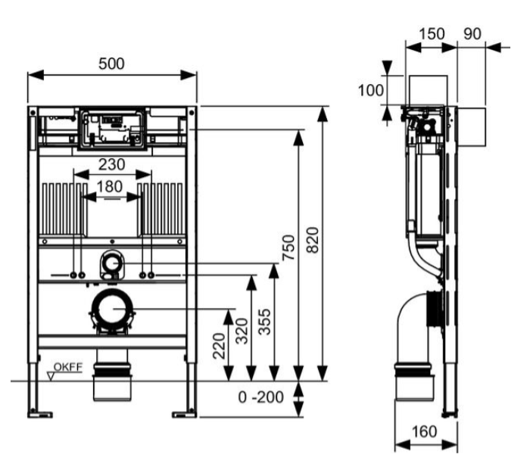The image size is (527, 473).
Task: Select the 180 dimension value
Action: click(x=112, y=185)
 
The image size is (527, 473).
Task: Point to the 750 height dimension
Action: click(x=288, y=248)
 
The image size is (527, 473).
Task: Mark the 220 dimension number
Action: click(x=218, y=346)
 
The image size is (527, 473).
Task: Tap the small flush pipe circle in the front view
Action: click(x=112, y=264)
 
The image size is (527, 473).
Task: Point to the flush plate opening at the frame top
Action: click(x=112, y=128)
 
